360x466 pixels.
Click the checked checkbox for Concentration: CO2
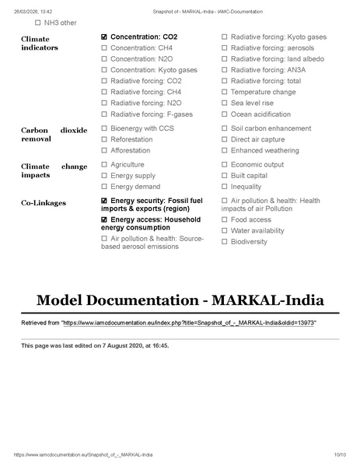pyautogui.click(x=104, y=37)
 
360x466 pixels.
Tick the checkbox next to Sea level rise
pyautogui.click(x=225, y=103)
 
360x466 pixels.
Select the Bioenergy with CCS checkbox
pyautogui.click(x=104, y=128)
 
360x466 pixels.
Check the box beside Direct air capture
pyautogui.click(x=225, y=139)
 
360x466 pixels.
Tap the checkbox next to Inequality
pyautogui.click(x=225, y=187)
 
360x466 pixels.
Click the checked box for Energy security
pyautogui.click(x=104, y=201)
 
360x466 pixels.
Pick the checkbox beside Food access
pyautogui.click(x=225, y=219)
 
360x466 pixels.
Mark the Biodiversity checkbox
pyautogui.click(x=225, y=241)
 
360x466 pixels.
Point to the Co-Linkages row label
pyautogui.click(x=44, y=203)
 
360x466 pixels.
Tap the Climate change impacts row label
pyautogui.click(x=54, y=172)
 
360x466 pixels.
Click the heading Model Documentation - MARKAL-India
pyautogui.click(x=180, y=300)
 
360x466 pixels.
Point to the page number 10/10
pyautogui.click(x=340, y=454)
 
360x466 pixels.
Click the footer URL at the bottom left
pyautogui.click(x=83, y=454)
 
